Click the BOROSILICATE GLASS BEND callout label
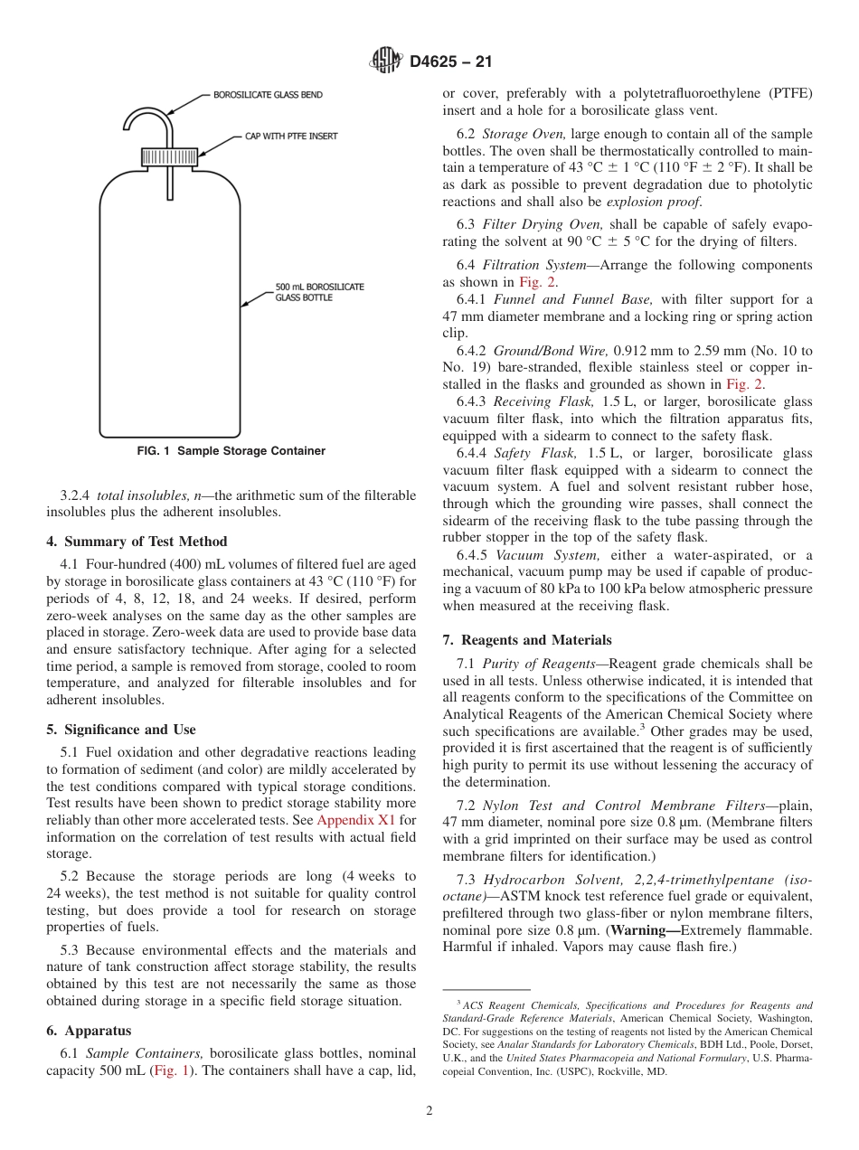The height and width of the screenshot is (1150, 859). tap(268, 94)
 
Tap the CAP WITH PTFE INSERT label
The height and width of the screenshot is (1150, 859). tap(291, 137)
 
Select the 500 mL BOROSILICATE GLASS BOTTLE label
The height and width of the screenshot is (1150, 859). tap(319, 292)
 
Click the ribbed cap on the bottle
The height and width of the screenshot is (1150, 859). tap(170, 158)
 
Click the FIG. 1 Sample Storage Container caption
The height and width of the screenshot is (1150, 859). tap(231, 451)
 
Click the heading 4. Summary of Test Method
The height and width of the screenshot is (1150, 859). tap(137, 542)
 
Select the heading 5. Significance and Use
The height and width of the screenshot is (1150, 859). tap(120, 730)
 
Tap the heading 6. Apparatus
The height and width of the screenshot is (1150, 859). tap(89, 1031)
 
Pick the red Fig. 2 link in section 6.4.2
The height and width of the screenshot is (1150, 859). tap(744, 384)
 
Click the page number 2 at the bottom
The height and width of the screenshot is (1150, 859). tap(429, 1111)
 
